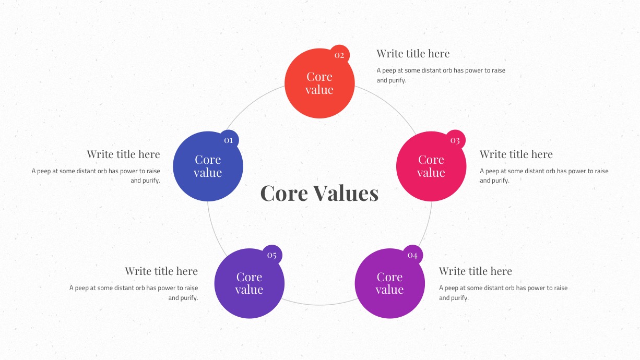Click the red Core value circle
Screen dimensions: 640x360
319,83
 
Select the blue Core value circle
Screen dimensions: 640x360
208,166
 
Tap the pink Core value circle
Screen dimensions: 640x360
431,166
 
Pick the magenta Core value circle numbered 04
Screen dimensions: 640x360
390,283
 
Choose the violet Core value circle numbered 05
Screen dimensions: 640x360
250,283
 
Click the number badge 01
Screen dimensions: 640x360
229,140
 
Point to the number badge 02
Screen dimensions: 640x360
339,55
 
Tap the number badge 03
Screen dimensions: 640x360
455,140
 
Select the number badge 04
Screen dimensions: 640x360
412,255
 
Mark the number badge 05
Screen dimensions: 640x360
272,255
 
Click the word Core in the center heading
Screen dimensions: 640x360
284,193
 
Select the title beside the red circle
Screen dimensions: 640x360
413,53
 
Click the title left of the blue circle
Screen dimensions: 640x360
123,154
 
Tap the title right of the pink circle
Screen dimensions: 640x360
516,154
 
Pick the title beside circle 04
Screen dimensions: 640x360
476,271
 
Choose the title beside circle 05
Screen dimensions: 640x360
161,271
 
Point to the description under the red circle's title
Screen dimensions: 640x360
441,75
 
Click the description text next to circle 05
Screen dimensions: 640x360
134,293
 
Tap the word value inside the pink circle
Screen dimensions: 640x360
431,173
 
